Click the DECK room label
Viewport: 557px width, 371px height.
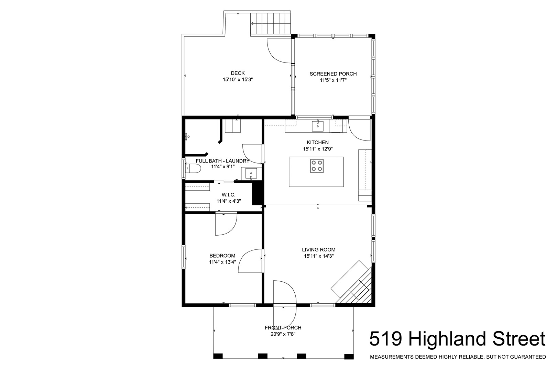pyautogui.click(x=238, y=73)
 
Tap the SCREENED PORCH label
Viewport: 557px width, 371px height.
pyautogui.click(x=333, y=74)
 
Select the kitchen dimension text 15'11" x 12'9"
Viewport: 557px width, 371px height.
pyautogui.click(x=318, y=149)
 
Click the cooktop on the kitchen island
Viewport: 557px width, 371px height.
pyautogui.click(x=317, y=166)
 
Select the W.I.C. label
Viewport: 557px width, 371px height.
pyautogui.click(x=229, y=195)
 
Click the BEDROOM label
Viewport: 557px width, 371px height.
pyautogui.click(x=222, y=256)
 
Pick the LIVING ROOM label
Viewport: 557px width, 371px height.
pyautogui.click(x=318, y=249)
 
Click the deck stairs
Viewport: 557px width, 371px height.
pyautogui.click(x=271, y=24)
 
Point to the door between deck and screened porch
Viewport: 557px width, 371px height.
pyautogui.click(x=279, y=51)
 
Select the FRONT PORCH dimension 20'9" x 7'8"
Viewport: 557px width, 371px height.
pyautogui.click(x=283, y=334)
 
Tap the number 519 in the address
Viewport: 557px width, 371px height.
pyautogui.click(x=386, y=339)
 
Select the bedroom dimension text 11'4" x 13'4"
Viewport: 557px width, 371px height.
pyautogui.click(x=222, y=262)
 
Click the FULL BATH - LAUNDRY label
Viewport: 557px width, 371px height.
pyautogui.click(x=222, y=161)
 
